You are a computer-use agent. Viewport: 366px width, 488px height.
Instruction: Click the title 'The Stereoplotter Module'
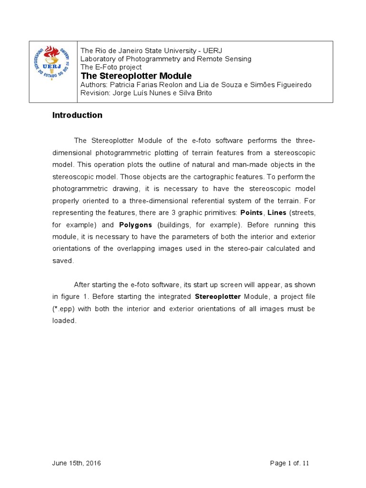[x=136, y=76]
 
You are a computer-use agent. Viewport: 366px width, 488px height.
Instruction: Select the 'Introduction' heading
[x=77, y=115]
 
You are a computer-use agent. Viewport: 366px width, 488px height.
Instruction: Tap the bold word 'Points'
[x=251, y=213]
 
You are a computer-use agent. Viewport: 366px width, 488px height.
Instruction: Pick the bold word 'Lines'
[x=277, y=213]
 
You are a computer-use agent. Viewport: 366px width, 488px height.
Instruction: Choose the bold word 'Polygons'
[x=136, y=224]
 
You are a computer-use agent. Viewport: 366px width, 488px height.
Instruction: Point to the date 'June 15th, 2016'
[x=76, y=463]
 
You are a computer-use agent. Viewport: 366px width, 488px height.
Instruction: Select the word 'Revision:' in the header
[x=95, y=93]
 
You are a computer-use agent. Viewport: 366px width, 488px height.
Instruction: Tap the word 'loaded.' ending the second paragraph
[x=64, y=321]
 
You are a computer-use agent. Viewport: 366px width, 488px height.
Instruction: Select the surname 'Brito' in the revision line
[x=202, y=93]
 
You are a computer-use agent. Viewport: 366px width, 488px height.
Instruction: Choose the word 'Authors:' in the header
[x=94, y=85]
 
